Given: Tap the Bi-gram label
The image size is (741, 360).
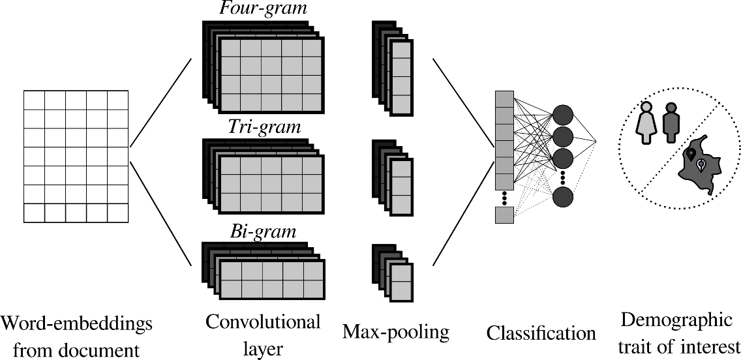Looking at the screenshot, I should click(262, 231).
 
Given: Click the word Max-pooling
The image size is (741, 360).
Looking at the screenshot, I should click(395, 333).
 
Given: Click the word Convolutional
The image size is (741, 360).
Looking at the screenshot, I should click(263, 322).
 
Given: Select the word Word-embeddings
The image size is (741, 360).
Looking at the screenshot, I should click(76, 323).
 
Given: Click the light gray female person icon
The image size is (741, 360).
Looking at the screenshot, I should click(646, 123).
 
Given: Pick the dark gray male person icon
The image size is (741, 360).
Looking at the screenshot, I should click(670, 123).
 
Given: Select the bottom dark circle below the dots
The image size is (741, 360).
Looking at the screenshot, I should click(563, 197).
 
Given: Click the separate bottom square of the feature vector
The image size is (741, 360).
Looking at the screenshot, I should click(504, 215).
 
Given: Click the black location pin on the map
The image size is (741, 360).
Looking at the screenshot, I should click(691, 155).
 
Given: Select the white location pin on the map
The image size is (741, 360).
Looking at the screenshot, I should click(701, 165).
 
